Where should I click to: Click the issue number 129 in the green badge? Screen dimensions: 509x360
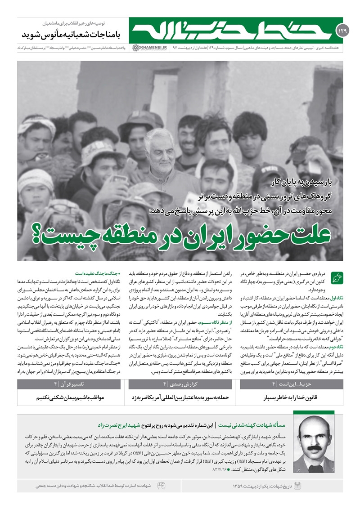click(x=339, y=31)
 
